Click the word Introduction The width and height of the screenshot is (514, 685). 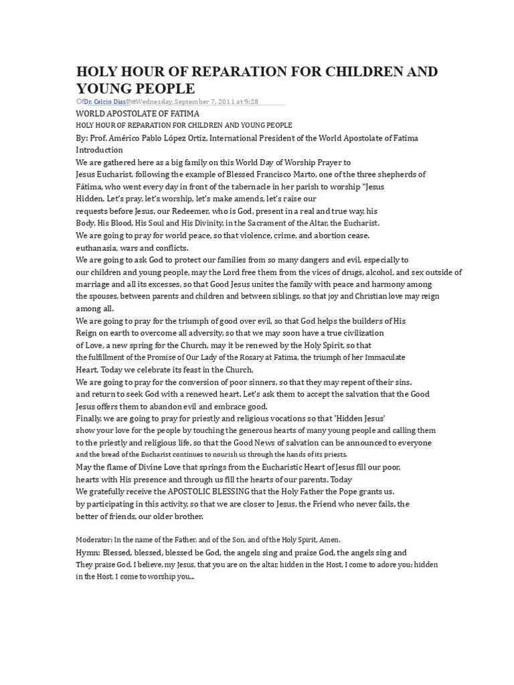pos(99,150)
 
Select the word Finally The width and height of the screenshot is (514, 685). pos(90,419)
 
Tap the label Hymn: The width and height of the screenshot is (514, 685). pos(88,553)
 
